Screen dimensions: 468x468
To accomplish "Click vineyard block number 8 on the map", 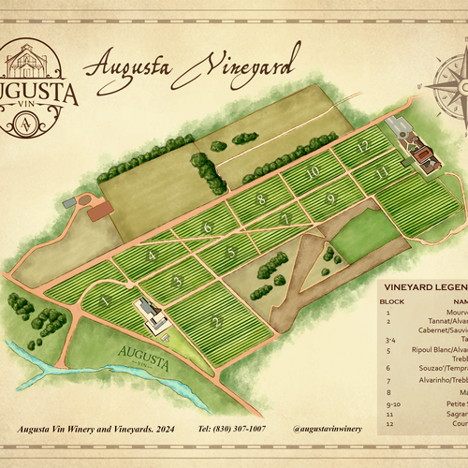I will click(x=262, y=198).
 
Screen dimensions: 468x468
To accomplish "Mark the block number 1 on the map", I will click(x=105, y=300).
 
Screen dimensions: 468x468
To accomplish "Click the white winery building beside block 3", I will click(x=150, y=316).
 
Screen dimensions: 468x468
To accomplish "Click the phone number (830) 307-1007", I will click(x=231, y=428).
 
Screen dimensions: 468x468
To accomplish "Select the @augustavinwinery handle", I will click(x=327, y=428).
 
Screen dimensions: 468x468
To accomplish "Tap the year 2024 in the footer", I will click(x=176, y=428).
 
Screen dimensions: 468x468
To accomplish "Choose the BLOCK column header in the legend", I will click(x=392, y=301).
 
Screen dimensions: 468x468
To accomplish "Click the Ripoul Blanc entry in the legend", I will click(x=431, y=351).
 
